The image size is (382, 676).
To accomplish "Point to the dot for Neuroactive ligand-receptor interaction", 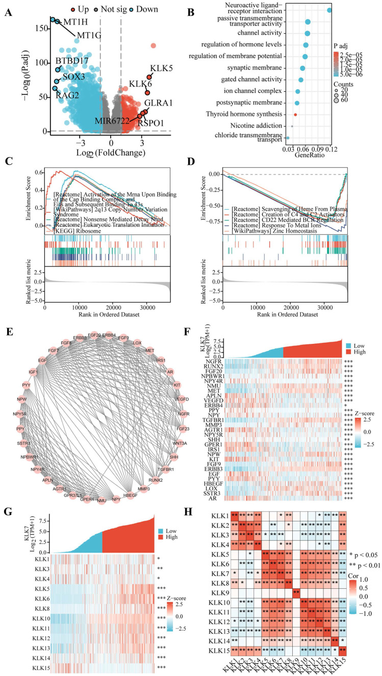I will pos(329,10).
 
